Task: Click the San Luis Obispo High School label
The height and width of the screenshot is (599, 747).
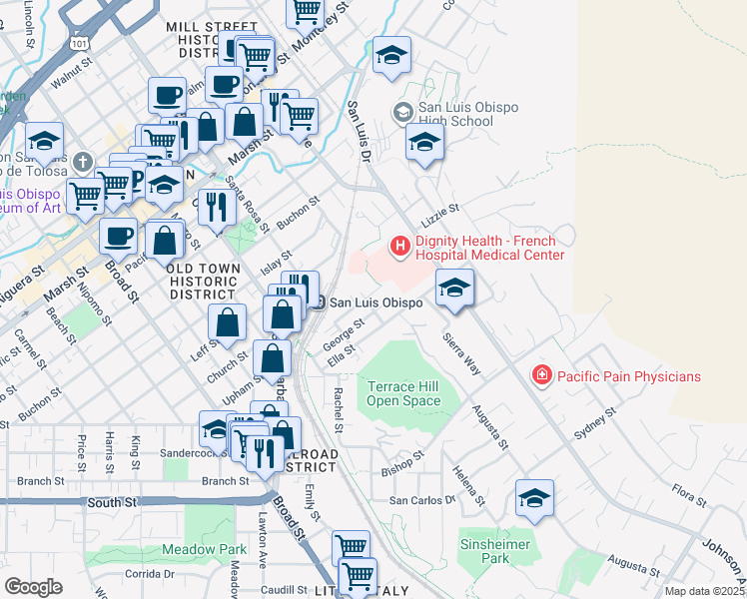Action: tap(455, 115)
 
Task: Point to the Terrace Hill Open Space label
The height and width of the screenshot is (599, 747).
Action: tap(403, 393)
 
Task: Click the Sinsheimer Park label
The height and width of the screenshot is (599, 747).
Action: tap(485, 551)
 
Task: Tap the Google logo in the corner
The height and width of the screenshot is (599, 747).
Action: tap(33, 587)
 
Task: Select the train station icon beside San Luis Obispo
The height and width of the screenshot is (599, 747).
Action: tap(318, 302)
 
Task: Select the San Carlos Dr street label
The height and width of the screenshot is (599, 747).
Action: tap(421, 499)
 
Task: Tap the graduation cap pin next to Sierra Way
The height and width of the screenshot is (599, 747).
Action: tap(454, 289)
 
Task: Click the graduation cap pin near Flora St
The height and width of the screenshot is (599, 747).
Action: tap(534, 498)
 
